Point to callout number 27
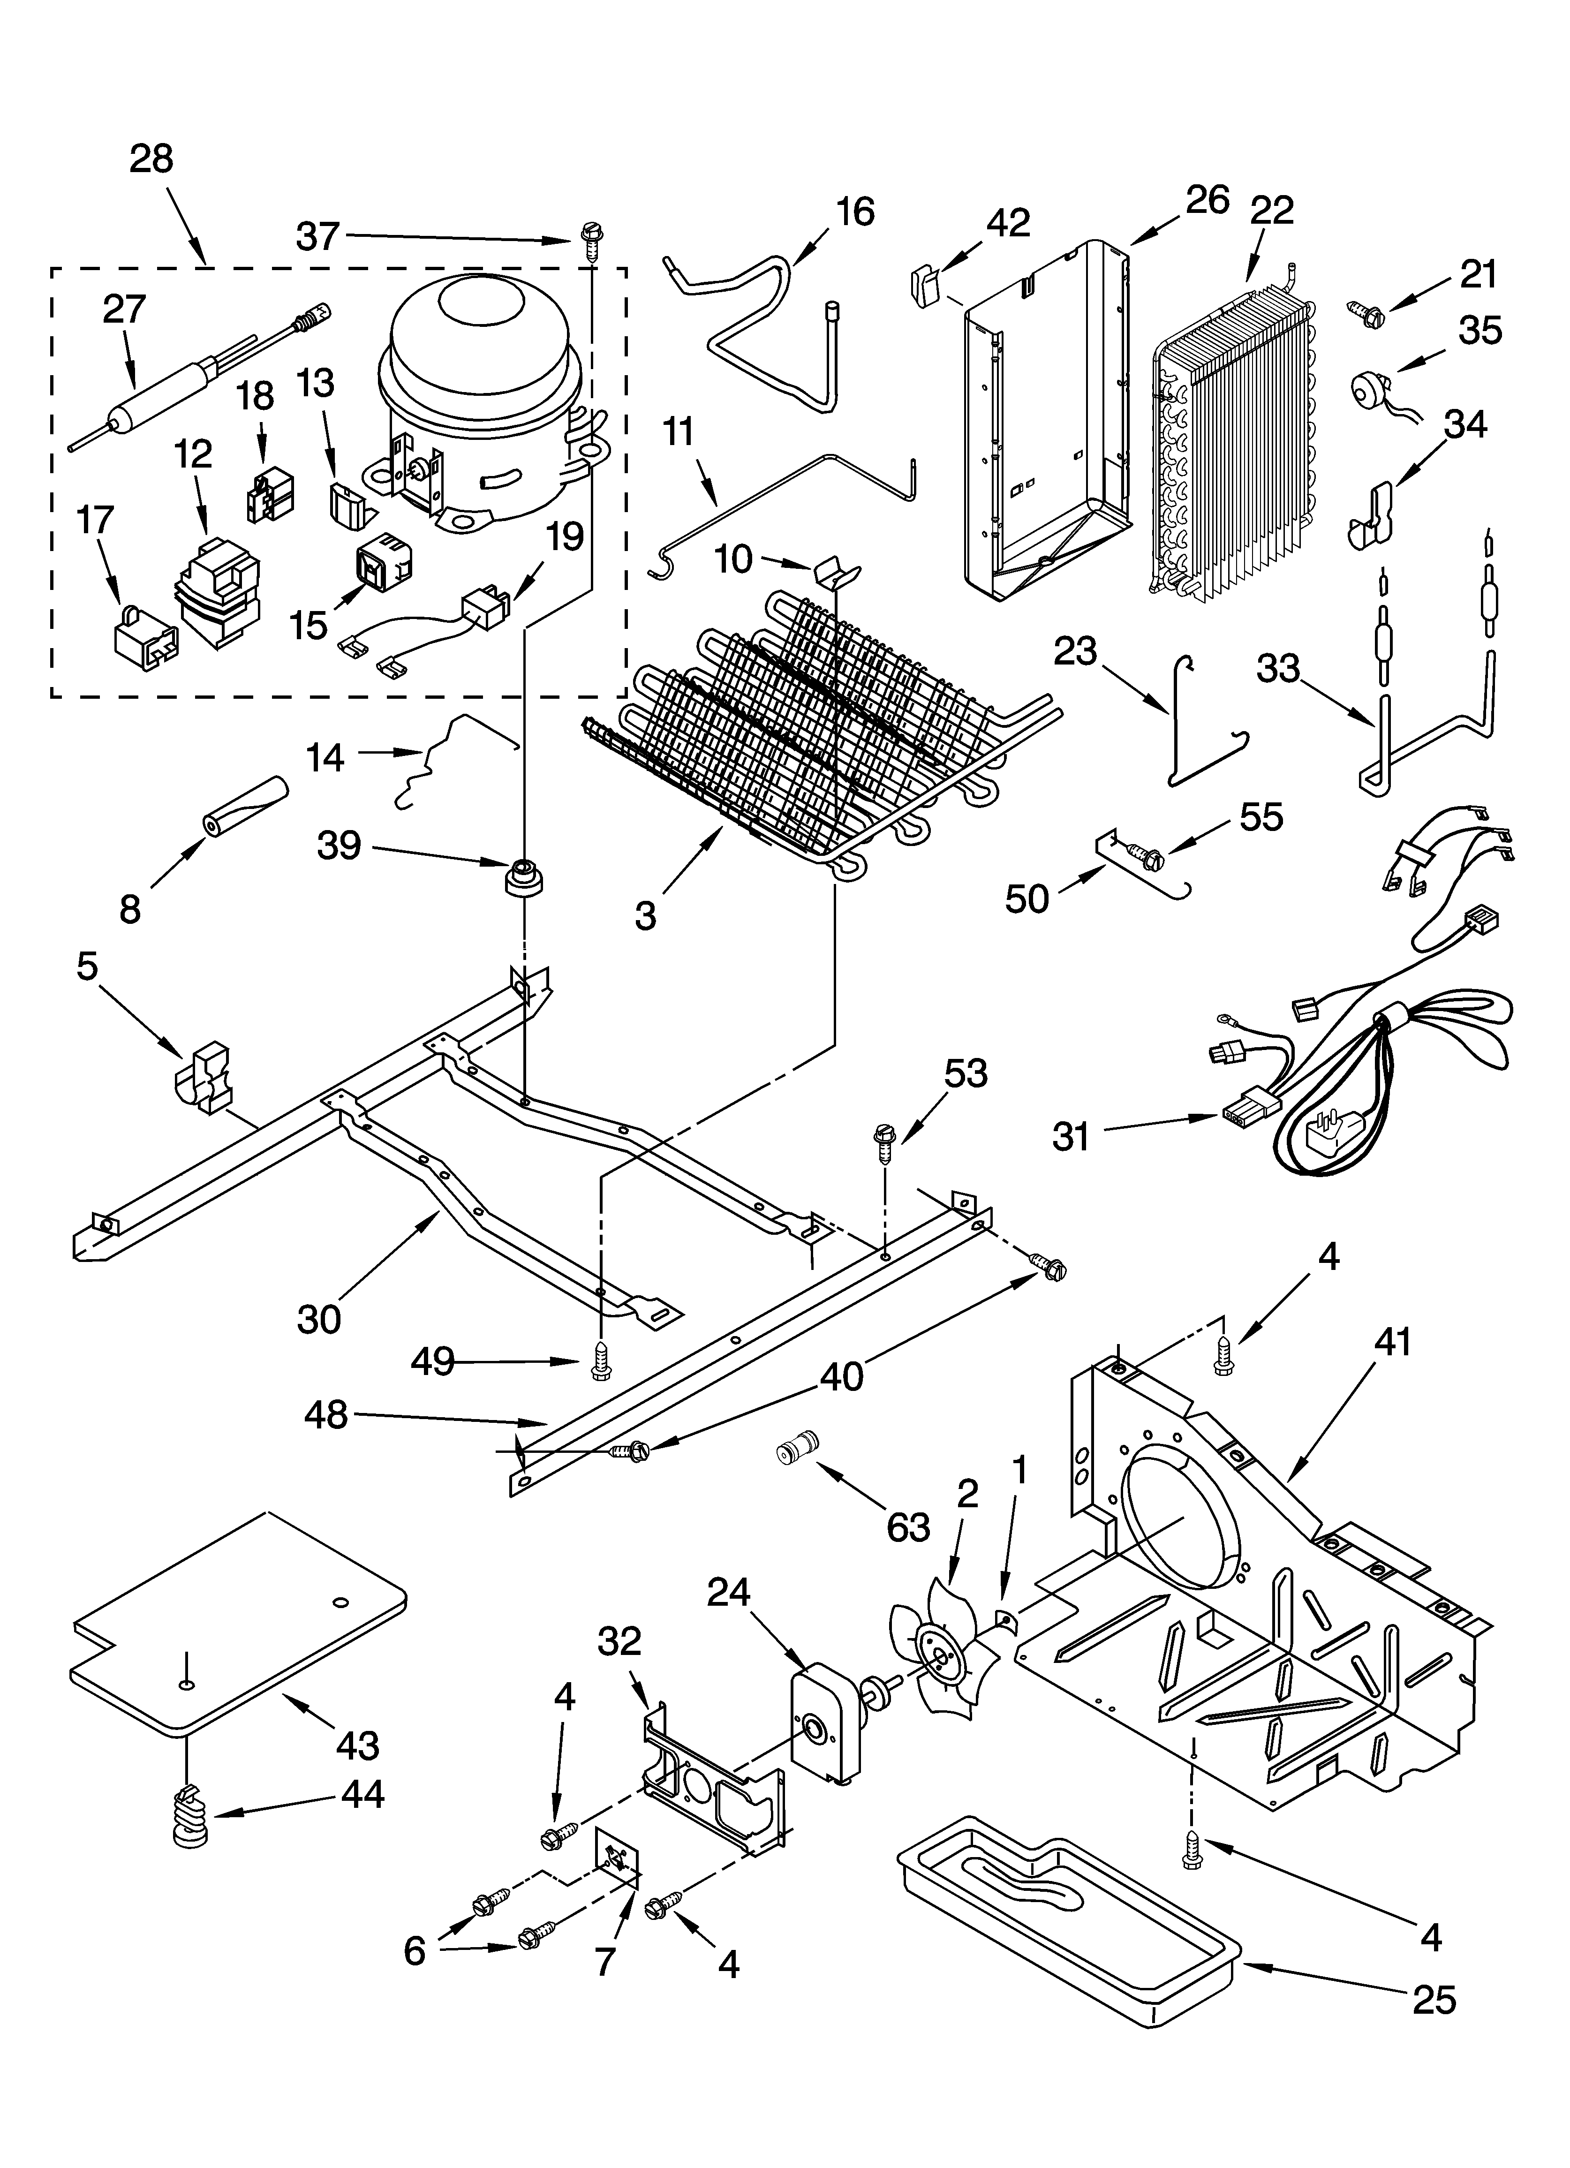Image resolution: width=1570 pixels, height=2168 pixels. point(124,309)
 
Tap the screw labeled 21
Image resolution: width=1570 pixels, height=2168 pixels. point(1366,310)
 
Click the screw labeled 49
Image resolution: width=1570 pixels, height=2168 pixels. point(600,1360)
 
